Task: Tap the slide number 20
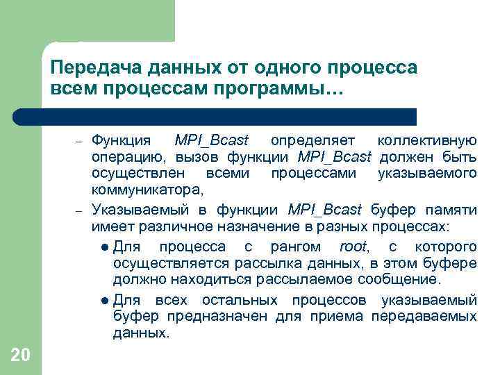(x=20, y=356)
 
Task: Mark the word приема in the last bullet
(x=338, y=317)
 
